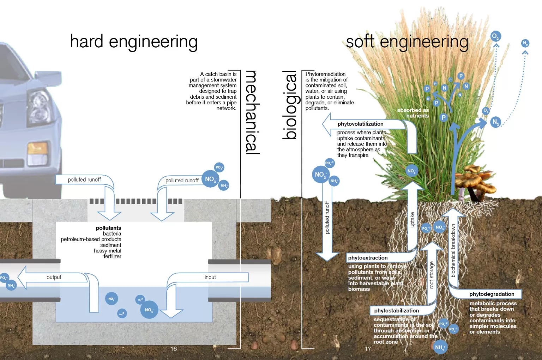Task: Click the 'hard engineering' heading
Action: (x=134, y=42)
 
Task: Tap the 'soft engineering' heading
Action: (x=407, y=42)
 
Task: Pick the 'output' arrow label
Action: (x=54, y=277)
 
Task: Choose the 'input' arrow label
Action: (x=210, y=277)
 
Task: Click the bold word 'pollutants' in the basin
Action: (x=108, y=228)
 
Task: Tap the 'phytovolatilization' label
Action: (x=360, y=124)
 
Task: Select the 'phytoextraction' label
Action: (x=368, y=258)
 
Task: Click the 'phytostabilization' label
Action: (x=396, y=311)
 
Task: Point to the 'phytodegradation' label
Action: (x=492, y=294)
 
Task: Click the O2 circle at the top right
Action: (x=495, y=36)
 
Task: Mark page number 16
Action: (x=174, y=349)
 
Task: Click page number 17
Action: (x=368, y=349)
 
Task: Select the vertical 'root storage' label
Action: (x=432, y=275)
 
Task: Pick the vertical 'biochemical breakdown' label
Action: (x=453, y=251)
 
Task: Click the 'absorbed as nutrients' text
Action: (x=413, y=113)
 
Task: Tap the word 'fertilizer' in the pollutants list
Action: (x=112, y=257)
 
